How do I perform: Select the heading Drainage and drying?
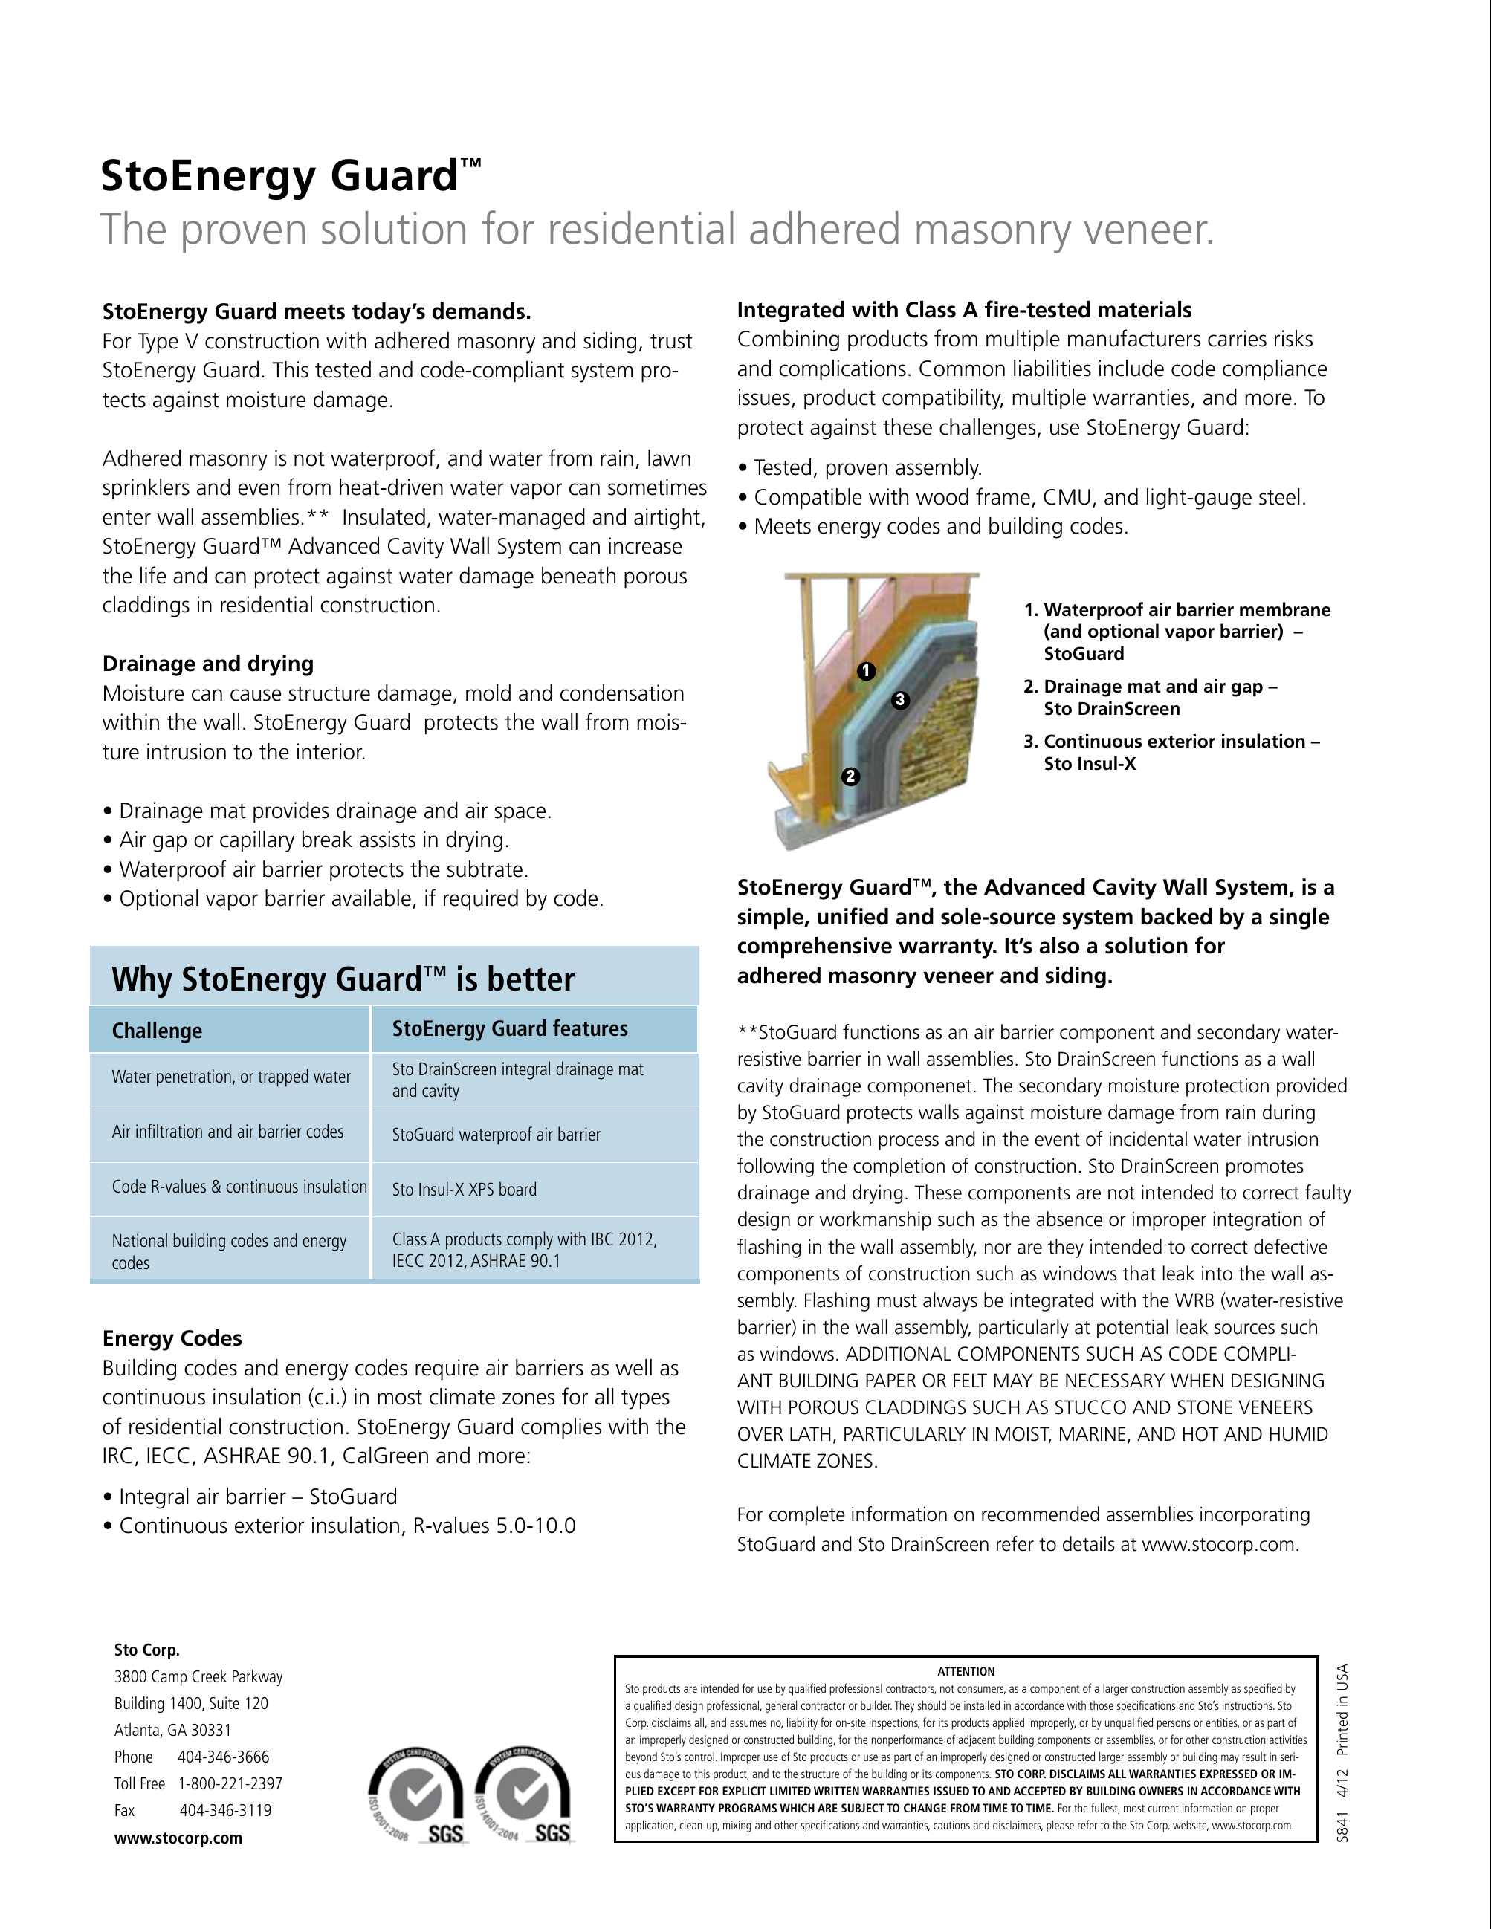click(207, 664)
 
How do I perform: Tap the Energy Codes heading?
click(172, 1338)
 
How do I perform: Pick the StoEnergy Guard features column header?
click(510, 1028)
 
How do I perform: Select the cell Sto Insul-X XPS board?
click(464, 1189)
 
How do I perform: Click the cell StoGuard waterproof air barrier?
click(496, 1134)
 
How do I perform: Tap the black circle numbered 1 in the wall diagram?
click(866, 671)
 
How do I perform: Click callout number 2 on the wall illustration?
click(850, 777)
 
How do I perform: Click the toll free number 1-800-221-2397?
click(230, 1783)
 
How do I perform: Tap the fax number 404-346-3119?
click(225, 1810)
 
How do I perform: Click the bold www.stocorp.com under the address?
click(178, 1838)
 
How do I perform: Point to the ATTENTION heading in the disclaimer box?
click(966, 1671)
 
